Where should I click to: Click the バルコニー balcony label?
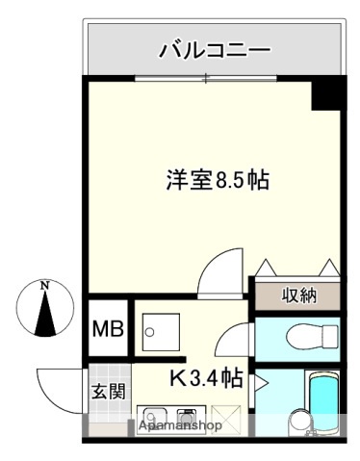[x=214, y=48]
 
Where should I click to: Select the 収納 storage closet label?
[x=297, y=295]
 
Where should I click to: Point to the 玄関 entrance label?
[x=107, y=393]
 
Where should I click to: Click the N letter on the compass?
[x=44, y=285]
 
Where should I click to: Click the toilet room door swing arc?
[x=235, y=341]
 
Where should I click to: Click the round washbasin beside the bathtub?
[x=297, y=421]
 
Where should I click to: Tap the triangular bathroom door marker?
[x=261, y=382]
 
